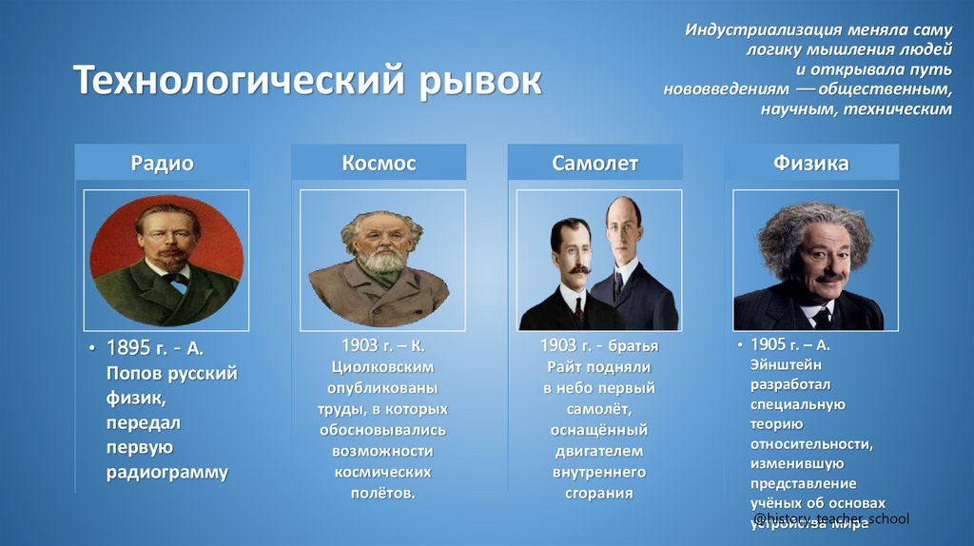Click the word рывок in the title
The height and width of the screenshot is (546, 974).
pyautogui.click(x=479, y=82)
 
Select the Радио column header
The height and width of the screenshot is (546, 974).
pyautogui.click(x=162, y=164)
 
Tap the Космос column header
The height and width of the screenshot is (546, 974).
pyautogui.click(x=379, y=164)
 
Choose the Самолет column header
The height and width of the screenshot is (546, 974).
pyautogui.click(x=594, y=164)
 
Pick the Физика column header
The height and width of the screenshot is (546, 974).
pyautogui.click(x=811, y=164)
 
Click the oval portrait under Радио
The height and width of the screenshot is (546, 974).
pyautogui.click(x=166, y=260)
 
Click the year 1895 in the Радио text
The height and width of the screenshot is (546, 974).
pyautogui.click(x=129, y=349)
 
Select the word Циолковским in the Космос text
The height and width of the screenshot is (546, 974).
pyautogui.click(x=382, y=366)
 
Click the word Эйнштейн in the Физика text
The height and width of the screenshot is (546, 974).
pyautogui.click(x=786, y=364)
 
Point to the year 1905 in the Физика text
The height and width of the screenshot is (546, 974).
pyautogui.click(x=769, y=344)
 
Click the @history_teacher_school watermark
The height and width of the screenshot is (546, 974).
pyautogui.click(x=830, y=518)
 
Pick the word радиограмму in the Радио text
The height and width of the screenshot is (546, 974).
pyautogui.click(x=166, y=473)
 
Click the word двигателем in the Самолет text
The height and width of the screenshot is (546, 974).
pyautogui.click(x=598, y=451)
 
